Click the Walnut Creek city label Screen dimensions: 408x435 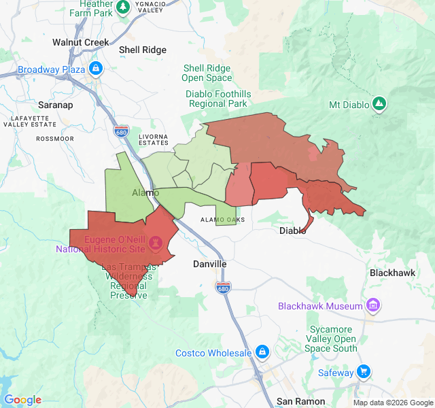pos(80,42)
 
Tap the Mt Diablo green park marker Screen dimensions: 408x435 pos(379,104)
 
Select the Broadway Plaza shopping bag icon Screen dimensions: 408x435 pos(95,69)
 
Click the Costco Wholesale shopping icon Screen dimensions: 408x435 pos(262,352)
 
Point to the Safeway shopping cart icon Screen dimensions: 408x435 pos(364,372)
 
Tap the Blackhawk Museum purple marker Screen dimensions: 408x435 pos(372,306)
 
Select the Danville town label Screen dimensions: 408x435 pos(209,264)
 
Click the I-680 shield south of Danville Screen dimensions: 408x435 pos(223,288)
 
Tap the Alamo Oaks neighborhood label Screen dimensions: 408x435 pos(222,220)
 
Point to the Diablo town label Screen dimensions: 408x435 pos(293,231)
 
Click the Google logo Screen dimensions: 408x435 pos(22,400)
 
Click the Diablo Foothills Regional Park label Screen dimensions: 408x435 pos(217,99)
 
